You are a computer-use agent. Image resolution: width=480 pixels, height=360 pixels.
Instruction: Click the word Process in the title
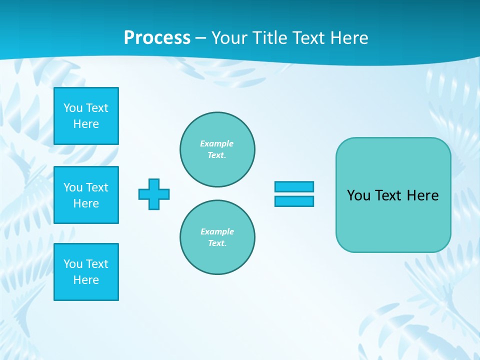pyautogui.click(x=157, y=38)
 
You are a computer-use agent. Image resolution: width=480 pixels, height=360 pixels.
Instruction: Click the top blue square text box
pyautogui.click(x=86, y=116)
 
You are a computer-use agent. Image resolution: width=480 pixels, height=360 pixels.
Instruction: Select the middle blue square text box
pyautogui.click(x=86, y=195)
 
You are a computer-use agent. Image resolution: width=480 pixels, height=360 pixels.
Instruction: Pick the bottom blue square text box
pyautogui.click(x=86, y=272)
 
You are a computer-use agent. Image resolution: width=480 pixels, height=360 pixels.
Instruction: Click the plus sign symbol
pyautogui.click(x=154, y=194)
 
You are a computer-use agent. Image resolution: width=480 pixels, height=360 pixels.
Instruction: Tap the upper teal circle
pyautogui.click(x=217, y=149)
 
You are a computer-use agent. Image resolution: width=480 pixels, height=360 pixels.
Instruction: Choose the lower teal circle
pyautogui.click(x=217, y=237)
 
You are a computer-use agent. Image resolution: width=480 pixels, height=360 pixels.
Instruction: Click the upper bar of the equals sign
pyautogui.click(x=294, y=186)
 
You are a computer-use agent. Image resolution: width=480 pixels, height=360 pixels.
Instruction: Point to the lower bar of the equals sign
pyautogui.click(x=294, y=201)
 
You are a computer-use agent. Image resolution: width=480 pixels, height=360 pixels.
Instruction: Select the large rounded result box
pyautogui.click(x=393, y=195)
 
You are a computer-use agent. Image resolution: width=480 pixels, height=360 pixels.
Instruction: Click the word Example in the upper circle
pyautogui.click(x=217, y=143)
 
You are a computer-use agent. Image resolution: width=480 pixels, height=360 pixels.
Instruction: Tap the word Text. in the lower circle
pyautogui.click(x=217, y=243)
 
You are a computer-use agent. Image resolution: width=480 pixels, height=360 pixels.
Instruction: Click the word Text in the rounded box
pyautogui.click(x=388, y=195)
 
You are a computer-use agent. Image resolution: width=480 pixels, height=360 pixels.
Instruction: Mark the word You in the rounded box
pyautogui.click(x=358, y=195)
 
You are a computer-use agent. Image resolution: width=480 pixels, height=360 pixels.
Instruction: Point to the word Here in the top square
pyautogui.click(x=86, y=124)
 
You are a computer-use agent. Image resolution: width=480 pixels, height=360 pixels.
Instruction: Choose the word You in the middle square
pyautogui.click(x=73, y=187)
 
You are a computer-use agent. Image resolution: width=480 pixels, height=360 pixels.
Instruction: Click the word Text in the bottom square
pyautogui.click(x=97, y=264)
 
